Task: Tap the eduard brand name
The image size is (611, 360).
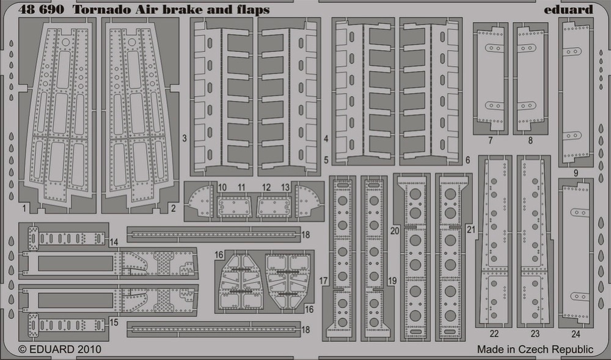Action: (x=568, y=10)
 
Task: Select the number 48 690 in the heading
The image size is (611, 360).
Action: (x=41, y=10)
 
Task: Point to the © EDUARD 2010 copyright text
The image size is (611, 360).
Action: (x=60, y=349)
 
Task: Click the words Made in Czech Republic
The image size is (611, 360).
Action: (x=535, y=350)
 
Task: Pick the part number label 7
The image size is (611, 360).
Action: (x=490, y=141)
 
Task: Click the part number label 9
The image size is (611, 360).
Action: (x=576, y=174)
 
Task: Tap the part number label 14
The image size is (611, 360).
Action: (x=114, y=242)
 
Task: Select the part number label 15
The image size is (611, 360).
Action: (x=114, y=323)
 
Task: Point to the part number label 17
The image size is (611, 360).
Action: (x=323, y=281)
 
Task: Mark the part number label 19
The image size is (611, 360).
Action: (x=392, y=281)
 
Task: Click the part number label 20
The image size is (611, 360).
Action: (x=395, y=230)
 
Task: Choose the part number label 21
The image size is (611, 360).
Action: (x=471, y=229)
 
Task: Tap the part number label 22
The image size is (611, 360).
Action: (x=494, y=334)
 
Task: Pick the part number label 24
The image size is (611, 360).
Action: (x=576, y=334)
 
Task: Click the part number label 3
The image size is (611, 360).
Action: (x=185, y=138)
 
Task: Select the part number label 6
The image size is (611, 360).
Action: (x=467, y=160)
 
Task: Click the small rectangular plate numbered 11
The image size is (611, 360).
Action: (x=234, y=207)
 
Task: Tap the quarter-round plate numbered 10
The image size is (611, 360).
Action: (x=200, y=200)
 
